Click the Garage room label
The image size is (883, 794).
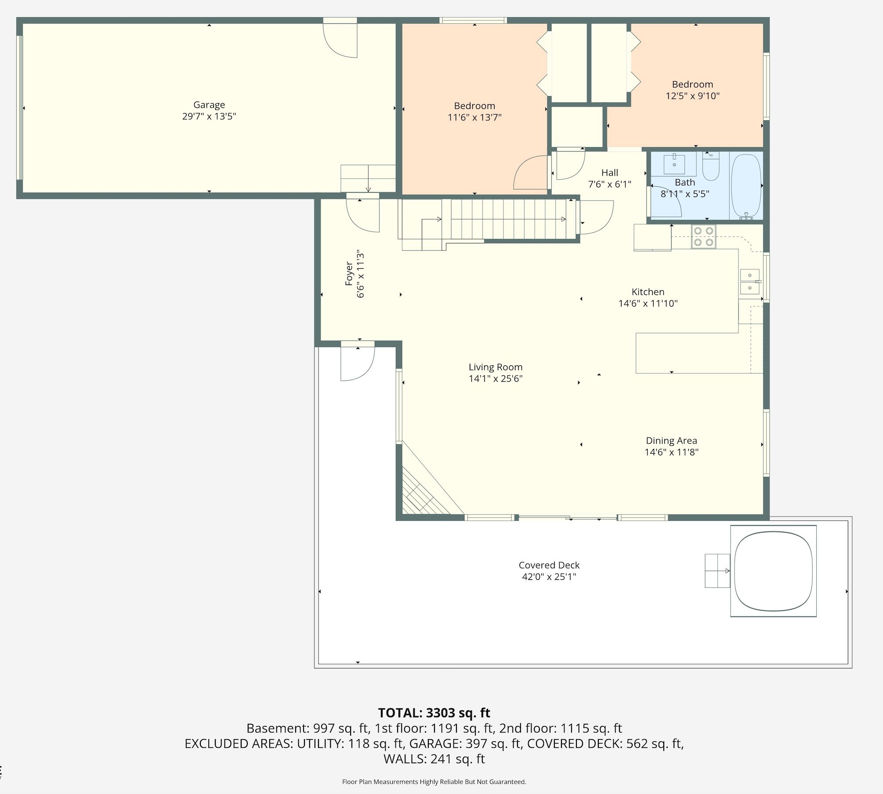tap(209, 105)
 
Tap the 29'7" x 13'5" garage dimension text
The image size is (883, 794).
tap(209, 116)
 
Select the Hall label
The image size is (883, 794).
tap(610, 173)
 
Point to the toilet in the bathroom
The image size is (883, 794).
tap(710, 166)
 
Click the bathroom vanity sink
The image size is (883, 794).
tap(674, 163)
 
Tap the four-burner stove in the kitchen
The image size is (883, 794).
tap(703, 236)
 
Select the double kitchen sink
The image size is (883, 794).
tap(750, 281)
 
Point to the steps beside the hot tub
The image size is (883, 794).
tap(717, 571)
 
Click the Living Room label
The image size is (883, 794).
tap(496, 367)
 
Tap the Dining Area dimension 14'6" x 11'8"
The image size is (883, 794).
tap(671, 452)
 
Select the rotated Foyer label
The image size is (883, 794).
tap(349, 274)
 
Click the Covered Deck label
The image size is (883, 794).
tap(549, 565)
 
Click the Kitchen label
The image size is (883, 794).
tap(648, 292)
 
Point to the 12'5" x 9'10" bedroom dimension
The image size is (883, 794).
tap(692, 96)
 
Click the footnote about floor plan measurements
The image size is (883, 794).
tap(434, 782)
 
